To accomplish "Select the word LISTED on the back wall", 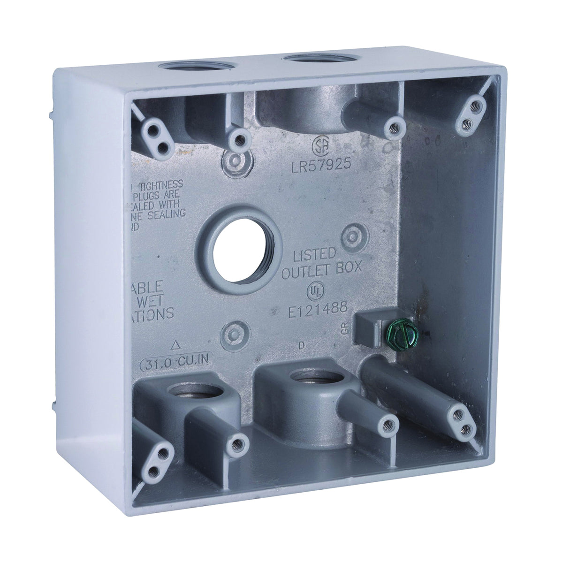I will tap(314, 255).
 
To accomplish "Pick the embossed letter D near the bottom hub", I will tap(301, 347).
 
